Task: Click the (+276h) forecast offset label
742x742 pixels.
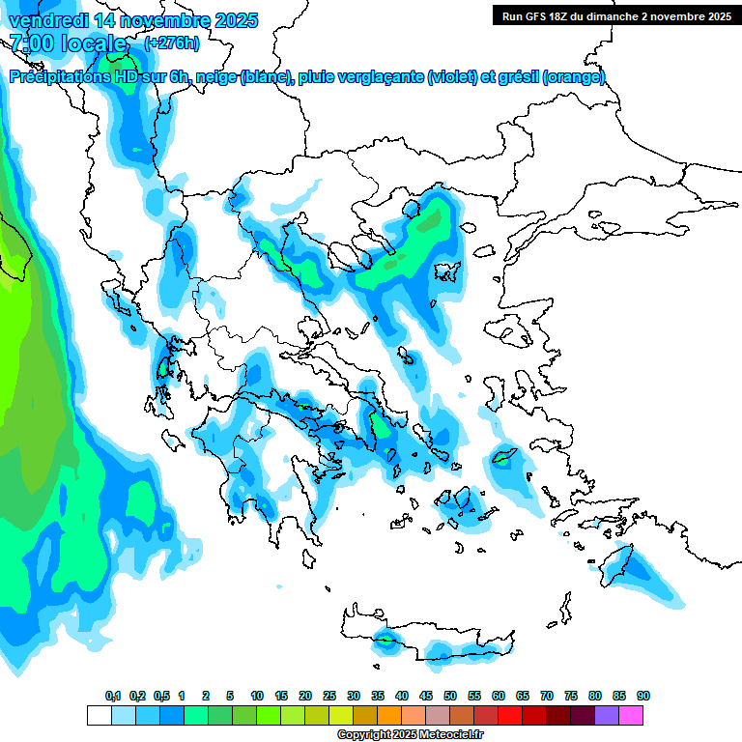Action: click(172, 43)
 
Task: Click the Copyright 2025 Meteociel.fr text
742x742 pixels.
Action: click(410, 735)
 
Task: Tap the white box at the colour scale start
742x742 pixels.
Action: click(99, 715)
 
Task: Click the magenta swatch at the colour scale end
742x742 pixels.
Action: click(631, 715)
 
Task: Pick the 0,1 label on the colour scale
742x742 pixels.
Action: click(113, 696)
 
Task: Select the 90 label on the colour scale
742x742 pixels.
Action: click(643, 696)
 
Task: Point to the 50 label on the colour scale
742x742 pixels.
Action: click(450, 696)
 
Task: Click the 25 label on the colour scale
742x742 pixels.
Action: click(329, 696)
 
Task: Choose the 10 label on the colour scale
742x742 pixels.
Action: click(257, 696)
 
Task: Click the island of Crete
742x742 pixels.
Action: click(435, 642)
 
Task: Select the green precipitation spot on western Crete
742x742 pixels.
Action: click(385, 639)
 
